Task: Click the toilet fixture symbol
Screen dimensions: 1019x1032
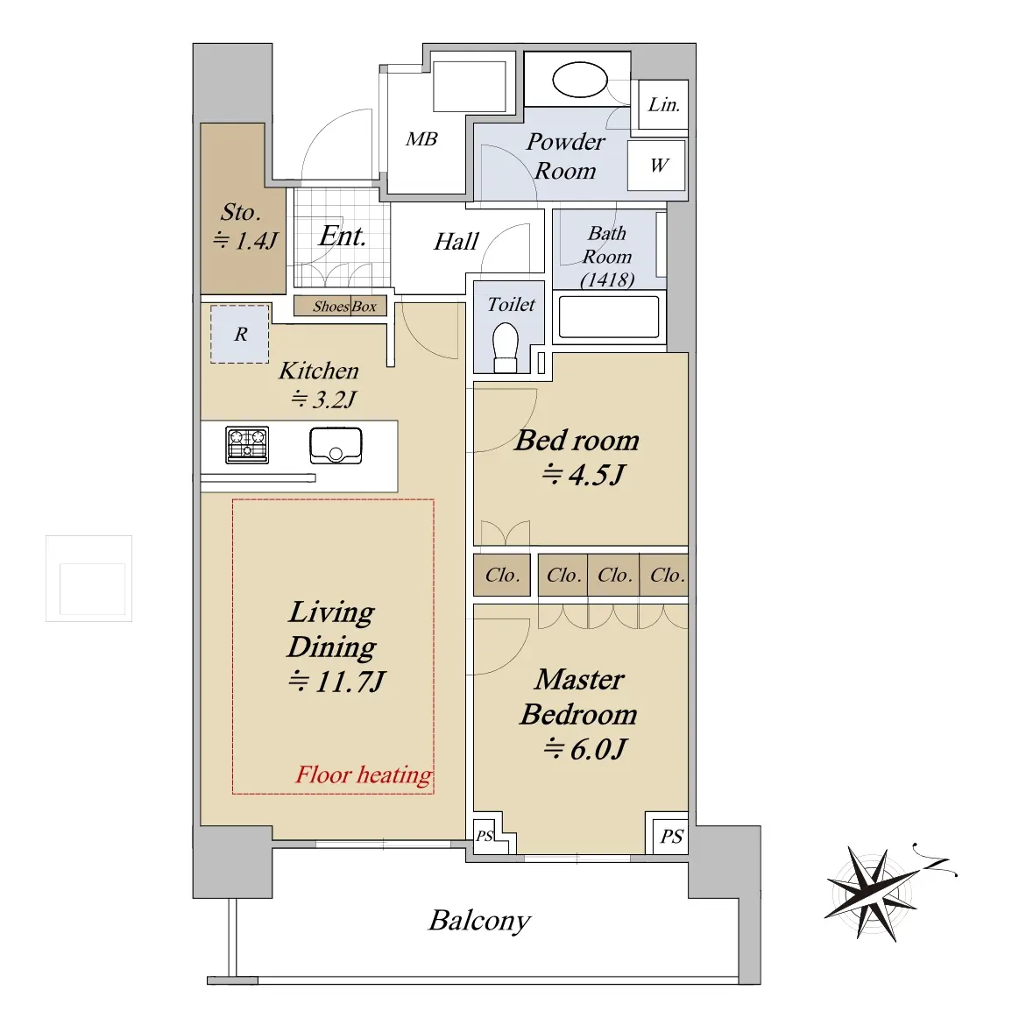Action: tap(506, 347)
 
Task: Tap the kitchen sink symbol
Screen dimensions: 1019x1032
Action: tap(336, 446)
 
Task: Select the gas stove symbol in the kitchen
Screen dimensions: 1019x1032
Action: tap(247, 445)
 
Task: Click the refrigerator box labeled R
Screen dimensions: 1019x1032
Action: tap(239, 334)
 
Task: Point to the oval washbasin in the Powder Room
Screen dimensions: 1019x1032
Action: tap(579, 81)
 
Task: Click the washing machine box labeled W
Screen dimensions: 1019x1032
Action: tap(656, 165)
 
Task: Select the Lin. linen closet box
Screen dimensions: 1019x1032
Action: tap(662, 104)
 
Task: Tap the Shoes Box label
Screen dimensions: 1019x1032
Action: tap(344, 306)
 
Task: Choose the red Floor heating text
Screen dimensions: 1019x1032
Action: tap(364, 774)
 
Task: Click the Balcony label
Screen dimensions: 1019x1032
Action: tap(479, 921)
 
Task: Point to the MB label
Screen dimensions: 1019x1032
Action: tap(421, 139)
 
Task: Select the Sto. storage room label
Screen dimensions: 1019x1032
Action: tap(240, 212)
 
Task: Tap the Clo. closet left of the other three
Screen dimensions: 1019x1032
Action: tap(502, 576)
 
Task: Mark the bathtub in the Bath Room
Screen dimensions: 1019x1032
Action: tap(609, 316)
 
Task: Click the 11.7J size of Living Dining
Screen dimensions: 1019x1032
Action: tap(337, 682)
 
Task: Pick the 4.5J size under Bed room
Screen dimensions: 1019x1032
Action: tap(584, 475)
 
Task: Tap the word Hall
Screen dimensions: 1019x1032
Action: tap(456, 242)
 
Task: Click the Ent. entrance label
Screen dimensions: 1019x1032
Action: tap(343, 236)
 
